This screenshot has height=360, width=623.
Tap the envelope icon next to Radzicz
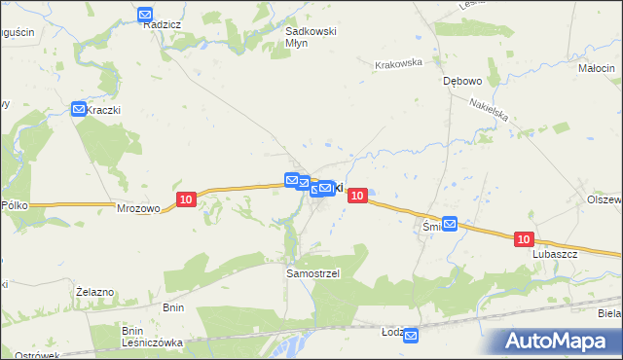point(145,15)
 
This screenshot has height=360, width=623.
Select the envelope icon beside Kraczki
point(79,110)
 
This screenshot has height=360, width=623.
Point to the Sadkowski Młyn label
point(310,37)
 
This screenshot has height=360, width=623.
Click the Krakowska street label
point(398,63)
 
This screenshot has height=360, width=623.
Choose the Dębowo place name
point(461,82)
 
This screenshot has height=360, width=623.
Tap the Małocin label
point(596,68)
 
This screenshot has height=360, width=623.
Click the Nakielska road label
point(489,116)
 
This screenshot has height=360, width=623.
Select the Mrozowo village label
point(137,207)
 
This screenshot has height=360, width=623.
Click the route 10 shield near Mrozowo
point(187,199)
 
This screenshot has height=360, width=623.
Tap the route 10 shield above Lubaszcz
point(524,239)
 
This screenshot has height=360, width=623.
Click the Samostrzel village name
point(311,273)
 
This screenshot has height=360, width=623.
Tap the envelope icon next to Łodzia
point(411,336)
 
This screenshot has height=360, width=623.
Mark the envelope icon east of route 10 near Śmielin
point(450,224)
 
